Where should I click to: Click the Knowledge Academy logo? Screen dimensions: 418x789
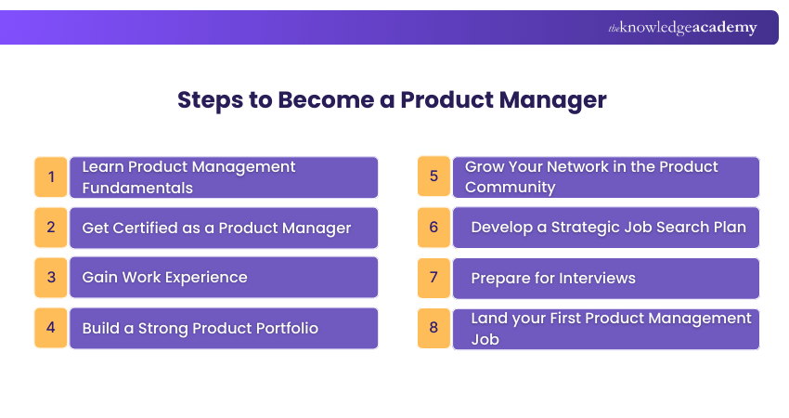coord(682,28)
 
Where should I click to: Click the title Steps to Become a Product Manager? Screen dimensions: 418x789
coord(392,100)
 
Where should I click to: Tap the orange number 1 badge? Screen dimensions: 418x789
coord(51,176)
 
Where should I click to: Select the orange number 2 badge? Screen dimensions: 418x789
coord(51,227)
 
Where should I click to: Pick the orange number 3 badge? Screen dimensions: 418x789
coord(51,277)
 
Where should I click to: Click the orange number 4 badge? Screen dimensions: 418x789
coord(51,328)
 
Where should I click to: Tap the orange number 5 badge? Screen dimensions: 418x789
coord(433,176)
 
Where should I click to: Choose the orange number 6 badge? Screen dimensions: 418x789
coord(433,227)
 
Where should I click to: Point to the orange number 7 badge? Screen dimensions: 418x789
coord(433,277)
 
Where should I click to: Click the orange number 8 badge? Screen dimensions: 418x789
coord(433,328)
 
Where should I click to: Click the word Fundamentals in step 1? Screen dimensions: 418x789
coord(137,188)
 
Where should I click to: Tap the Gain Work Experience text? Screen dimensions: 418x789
coord(164,278)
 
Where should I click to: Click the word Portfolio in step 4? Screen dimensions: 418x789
coord(282,328)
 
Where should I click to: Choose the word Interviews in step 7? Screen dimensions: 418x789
coord(594,278)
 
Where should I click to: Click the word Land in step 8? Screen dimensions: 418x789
coord(490,319)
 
